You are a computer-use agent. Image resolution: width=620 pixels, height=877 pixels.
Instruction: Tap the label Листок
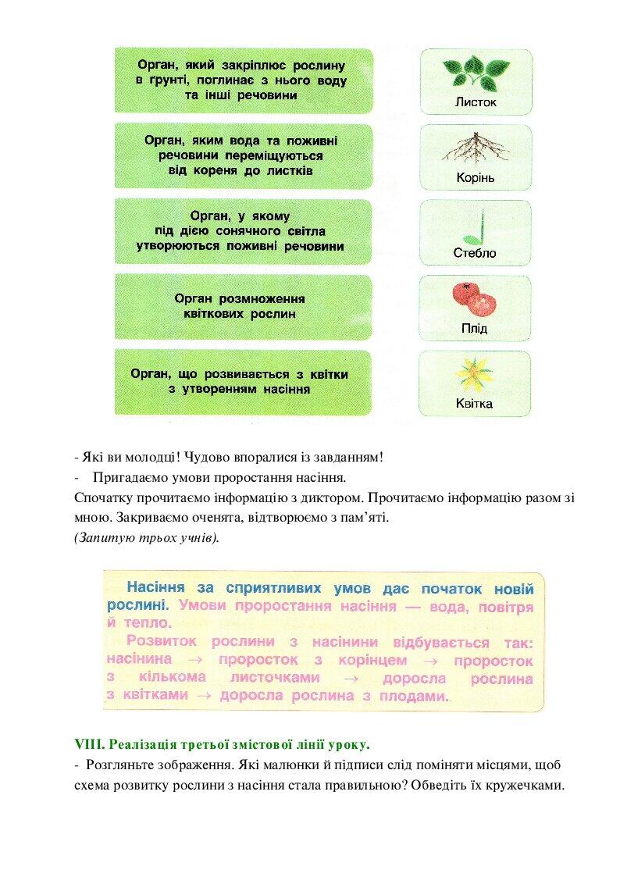476,102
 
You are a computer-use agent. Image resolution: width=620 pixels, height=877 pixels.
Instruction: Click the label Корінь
476,177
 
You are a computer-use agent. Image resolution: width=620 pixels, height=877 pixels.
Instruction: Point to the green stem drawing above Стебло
476,225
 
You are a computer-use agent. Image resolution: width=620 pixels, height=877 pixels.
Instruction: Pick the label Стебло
475,253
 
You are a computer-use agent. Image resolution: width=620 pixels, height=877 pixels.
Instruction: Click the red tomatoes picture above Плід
475,298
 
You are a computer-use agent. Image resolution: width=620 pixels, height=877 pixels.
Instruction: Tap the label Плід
475,328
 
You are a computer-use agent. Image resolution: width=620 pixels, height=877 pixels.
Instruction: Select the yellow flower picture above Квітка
475,373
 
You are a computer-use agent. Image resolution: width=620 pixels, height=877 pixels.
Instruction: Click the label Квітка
475,404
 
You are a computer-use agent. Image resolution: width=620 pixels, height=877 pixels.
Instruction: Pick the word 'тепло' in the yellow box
145,623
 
